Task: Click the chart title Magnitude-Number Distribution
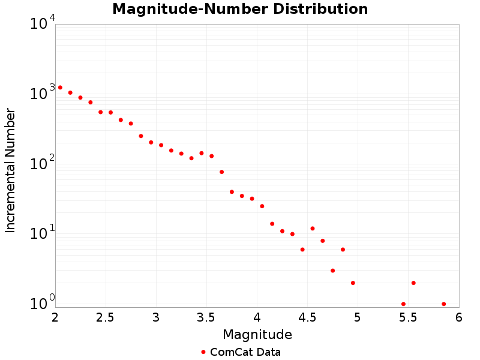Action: [240, 9]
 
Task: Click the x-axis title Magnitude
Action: [257, 334]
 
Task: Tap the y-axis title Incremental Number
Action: [10, 170]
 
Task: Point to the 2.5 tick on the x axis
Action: [105, 317]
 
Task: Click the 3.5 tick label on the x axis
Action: [206, 317]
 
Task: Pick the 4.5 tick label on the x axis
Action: [307, 317]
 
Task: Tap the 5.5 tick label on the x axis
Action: [407, 317]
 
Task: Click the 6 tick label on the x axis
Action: [458, 317]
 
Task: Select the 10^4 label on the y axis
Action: [43, 23]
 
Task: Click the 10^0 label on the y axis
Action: [43, 302]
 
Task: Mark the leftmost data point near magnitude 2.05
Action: [60, 88]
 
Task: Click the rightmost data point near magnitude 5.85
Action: [443, 304]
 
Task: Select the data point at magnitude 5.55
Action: [413, 283]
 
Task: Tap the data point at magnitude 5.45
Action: [403, 304]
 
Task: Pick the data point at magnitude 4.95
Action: [353, 283]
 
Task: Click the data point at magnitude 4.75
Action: [332, 271]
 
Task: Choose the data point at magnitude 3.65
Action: [221, 172]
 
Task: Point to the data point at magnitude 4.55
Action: [313, 229]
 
